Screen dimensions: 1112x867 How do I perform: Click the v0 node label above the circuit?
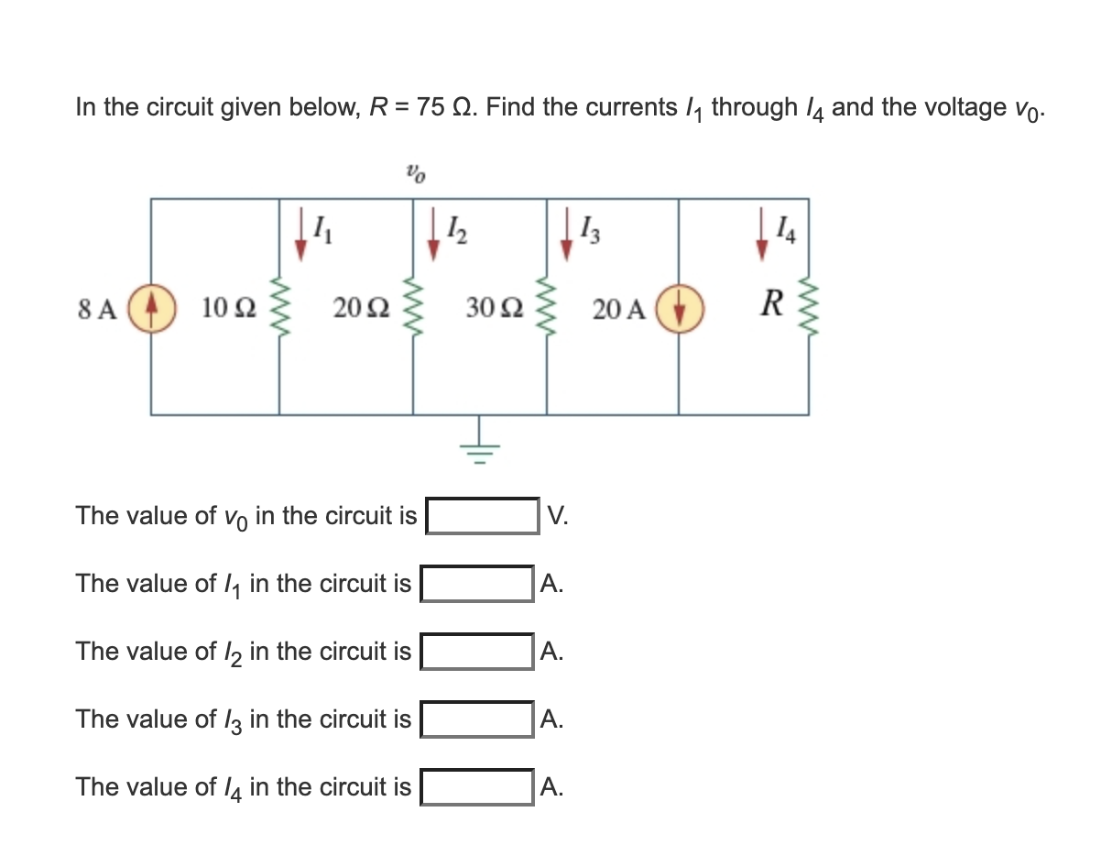point(416,170)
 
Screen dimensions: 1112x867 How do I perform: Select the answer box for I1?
point(476,583)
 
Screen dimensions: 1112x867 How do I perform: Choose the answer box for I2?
point(476,651)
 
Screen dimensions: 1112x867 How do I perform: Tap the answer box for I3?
point(476,719)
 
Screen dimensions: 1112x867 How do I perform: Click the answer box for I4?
point(476,786)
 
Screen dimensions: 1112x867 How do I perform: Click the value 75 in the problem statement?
point(431,107)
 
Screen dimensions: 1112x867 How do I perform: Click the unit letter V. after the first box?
point(557,515)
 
